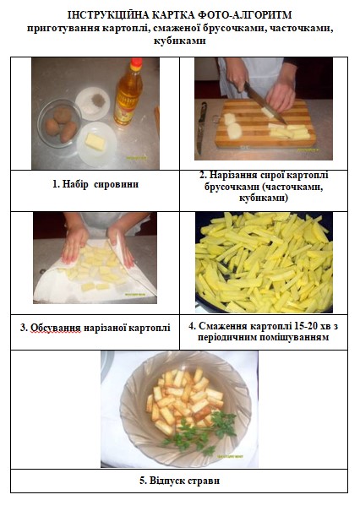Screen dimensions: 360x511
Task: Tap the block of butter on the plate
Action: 95,142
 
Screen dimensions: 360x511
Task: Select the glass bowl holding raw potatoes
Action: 58,123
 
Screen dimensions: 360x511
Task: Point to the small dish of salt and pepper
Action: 93,104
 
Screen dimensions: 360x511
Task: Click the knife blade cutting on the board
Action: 265,103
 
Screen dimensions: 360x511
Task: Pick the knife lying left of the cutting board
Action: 201,128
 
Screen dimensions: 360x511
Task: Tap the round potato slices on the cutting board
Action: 232,126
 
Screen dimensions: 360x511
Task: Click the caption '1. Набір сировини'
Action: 95,184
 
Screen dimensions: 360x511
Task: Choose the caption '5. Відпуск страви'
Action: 180,481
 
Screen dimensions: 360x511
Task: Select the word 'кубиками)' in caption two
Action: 264,198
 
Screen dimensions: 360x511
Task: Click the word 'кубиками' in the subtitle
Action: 180,41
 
